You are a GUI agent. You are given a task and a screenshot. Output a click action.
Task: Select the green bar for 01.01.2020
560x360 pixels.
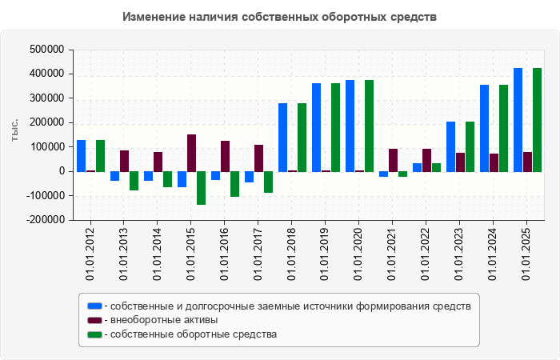(370, 126)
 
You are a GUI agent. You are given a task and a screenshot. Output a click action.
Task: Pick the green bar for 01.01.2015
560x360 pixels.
(202, 188)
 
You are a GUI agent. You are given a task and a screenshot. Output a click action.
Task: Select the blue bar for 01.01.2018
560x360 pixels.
(283, 137)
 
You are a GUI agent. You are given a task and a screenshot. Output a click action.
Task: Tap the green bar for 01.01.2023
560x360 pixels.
(470, 146)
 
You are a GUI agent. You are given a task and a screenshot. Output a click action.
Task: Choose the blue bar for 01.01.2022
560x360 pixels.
(418, 167)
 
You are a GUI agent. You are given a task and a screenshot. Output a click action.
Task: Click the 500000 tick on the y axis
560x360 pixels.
(46, 50)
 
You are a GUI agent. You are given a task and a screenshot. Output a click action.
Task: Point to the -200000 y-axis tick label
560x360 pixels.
(44, 220)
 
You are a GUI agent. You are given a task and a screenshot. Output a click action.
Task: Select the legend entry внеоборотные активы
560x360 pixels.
(164, 320)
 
